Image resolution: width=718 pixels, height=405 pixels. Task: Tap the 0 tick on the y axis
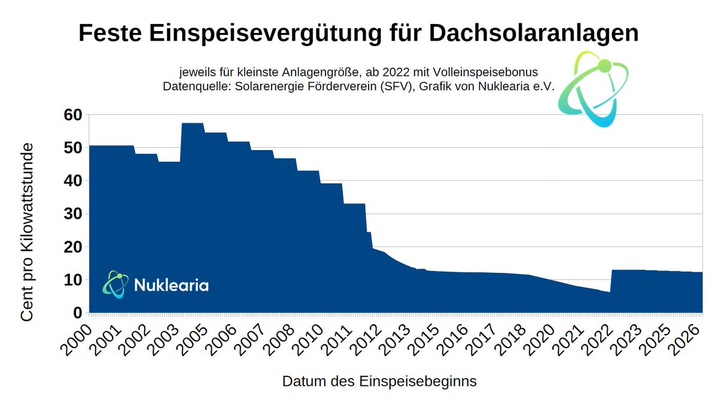pos(77,313)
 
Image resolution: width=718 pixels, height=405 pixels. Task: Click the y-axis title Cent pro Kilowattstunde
pos(28,232)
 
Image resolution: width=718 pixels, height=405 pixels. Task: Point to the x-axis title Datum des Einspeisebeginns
pos(379,381)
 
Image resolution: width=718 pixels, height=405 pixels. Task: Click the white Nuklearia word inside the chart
pos(171,285)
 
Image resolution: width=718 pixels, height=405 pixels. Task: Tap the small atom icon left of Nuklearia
pos(115,284)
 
